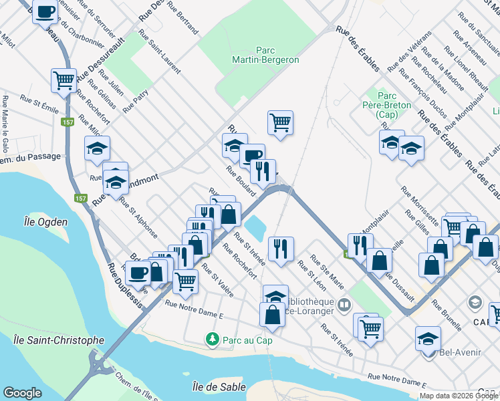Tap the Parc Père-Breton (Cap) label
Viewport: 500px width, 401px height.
click(x=387, y=105)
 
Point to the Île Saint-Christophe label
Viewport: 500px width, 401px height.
click(x=59, y=340)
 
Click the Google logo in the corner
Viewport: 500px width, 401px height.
click(x=22, y=393)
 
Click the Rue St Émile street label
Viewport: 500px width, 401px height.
click(x=39, y=102)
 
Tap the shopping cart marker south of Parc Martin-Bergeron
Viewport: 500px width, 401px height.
click(x=281, y=122)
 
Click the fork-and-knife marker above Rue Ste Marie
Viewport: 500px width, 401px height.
click(x=281, y=249)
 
